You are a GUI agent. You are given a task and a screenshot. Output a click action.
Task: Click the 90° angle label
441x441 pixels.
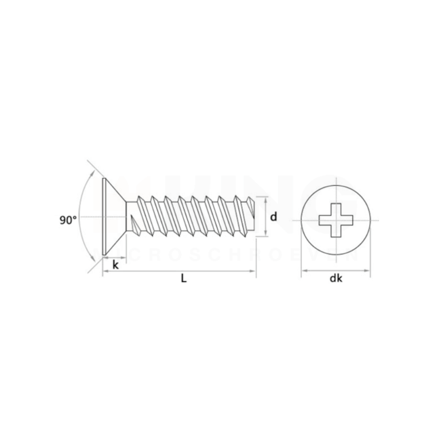click(68, 220)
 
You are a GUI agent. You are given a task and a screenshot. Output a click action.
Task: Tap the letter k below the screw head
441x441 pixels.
click(115, 265)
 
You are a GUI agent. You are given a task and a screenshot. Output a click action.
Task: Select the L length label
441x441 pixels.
click(183, 278)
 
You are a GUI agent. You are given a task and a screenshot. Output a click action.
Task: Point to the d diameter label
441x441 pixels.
click(273, 217)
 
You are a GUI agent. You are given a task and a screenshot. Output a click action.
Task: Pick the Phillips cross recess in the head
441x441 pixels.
click(335, 218)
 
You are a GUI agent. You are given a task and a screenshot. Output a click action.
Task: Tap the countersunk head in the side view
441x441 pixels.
click(114, 217)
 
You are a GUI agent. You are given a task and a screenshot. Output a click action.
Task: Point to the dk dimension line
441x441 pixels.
click(319, 272)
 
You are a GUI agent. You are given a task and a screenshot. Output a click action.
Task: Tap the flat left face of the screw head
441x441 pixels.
click(102, 217)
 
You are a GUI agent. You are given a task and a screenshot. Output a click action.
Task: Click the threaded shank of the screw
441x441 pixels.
click(190, 216)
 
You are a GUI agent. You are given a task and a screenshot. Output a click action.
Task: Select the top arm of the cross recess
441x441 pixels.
click(335, 206)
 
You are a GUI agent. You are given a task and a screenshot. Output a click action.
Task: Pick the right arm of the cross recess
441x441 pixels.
click(347, 218)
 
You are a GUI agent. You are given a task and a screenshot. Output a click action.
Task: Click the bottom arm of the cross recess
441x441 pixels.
click(335, 231)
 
